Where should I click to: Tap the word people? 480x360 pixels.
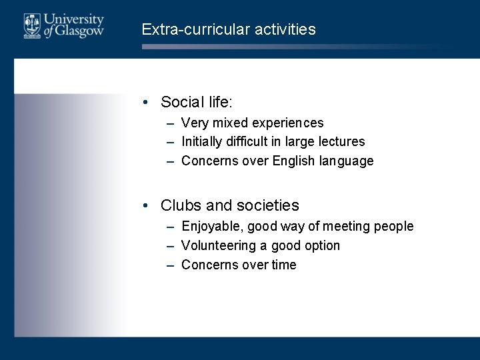[393, 227]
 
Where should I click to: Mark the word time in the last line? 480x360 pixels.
[283, 265]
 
